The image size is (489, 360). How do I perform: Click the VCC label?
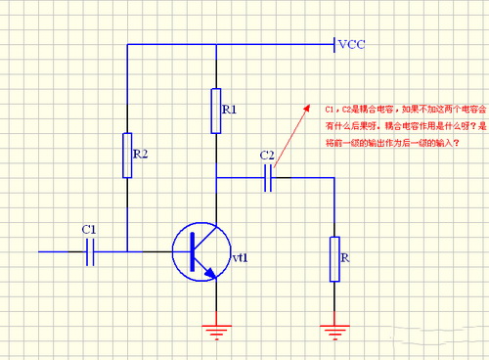pos(352,45)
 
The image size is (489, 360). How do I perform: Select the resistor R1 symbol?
pos(215,110)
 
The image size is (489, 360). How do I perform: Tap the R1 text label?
pos(230,110)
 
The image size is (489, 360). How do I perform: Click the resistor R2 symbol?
pos(128,156)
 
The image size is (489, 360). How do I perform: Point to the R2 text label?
pos(143,156)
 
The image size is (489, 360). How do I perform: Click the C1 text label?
pos(89,230)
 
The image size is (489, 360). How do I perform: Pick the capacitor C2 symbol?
pos(269,177)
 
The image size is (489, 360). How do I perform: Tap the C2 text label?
pos(267,157)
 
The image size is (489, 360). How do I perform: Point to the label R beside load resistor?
pos(348,258)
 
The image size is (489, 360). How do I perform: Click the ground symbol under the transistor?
pos(216,329)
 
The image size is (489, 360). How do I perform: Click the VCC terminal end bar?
pos(333,44)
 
